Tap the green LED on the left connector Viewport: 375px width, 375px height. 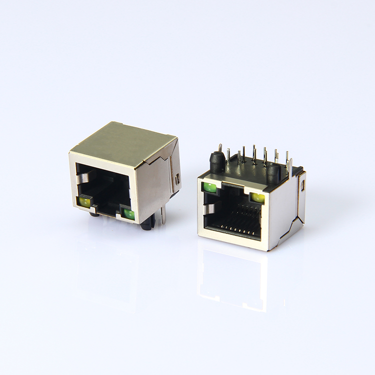click(x=128, y=214)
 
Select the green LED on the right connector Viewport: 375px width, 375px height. click(x=210, y=188)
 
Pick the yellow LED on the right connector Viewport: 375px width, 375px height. click(x=258, y=197)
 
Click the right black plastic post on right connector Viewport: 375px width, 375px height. click(x=272, y=173)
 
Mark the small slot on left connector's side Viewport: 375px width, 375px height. click(x=177, y=178)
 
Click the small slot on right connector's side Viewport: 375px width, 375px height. click(x=303, y=188)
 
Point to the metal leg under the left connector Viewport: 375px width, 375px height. click(x=161, y=216)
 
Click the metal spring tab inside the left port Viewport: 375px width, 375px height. click(x=83, y=177)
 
